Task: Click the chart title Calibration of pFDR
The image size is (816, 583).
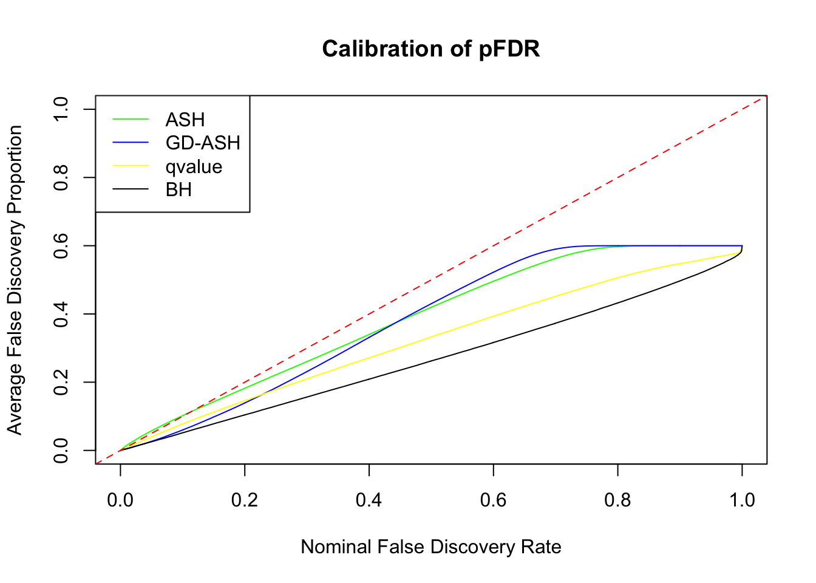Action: pyautogui.click(x=430, y=49)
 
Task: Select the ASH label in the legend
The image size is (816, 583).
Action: pyautogui.click(x=185, y=120)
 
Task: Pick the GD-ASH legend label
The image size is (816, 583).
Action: pyautogui.click(x=203, y=143)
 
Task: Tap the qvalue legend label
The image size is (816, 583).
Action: pyautogui.click(x=194, y=166)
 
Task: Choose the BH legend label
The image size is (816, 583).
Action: pyautogui.click(x=178, y=190)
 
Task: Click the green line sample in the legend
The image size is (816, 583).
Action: pyautogui.click(x=131, y=119)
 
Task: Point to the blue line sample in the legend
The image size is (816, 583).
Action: pyautogui.click(x=131, y=143)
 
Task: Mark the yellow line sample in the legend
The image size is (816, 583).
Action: pyautogui.click(x=131, y=166)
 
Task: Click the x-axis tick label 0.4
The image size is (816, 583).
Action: pyautogui.click(x=369, y=500)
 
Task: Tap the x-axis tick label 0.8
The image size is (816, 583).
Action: pyautogui.click(x=617, y=500)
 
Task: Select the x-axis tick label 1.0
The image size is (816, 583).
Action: pyautogui.click(x=742, y=500)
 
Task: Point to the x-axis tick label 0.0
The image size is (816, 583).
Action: pyautogui.click(x=120, y=500)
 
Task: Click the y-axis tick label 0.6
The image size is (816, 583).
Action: pyautogui.click(x=61, y=245)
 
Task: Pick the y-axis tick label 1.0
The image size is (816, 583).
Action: pyautogui.click(x=61, y=109)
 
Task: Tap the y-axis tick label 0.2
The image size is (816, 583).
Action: pyautogui.click(x=61, y=382)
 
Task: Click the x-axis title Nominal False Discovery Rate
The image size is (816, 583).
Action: pyautogui.click(x=430, y=547)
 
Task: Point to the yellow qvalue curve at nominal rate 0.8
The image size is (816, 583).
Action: pyautogui.click(x=617, y=277)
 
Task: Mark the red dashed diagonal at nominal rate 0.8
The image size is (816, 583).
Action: pyautogui.click(x=617, y=177)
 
